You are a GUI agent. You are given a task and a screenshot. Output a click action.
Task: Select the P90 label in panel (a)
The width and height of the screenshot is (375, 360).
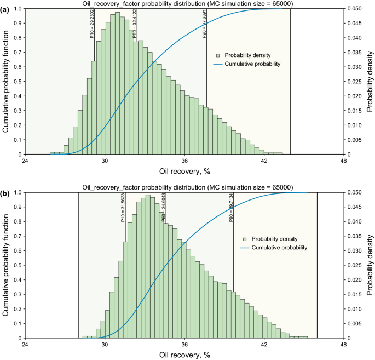tap(205, 26)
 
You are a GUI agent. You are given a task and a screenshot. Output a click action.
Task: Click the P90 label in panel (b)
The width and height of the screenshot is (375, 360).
tap(231, 209)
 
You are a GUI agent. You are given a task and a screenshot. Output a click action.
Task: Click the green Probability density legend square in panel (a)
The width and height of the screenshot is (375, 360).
tap(218, 55)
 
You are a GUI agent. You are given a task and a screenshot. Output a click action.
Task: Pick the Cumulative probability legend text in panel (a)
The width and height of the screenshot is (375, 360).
tap(255, 64)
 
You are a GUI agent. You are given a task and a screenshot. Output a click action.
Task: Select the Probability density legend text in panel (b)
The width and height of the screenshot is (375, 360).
tap(276, 239)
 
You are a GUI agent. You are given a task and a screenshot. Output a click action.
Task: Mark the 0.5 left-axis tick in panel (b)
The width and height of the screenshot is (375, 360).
tap(16, 265)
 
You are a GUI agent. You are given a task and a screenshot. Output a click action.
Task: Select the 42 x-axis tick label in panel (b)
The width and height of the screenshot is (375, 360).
tap(264, 345)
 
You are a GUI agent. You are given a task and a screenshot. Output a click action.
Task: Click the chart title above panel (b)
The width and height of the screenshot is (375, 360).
tap(184, 187)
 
